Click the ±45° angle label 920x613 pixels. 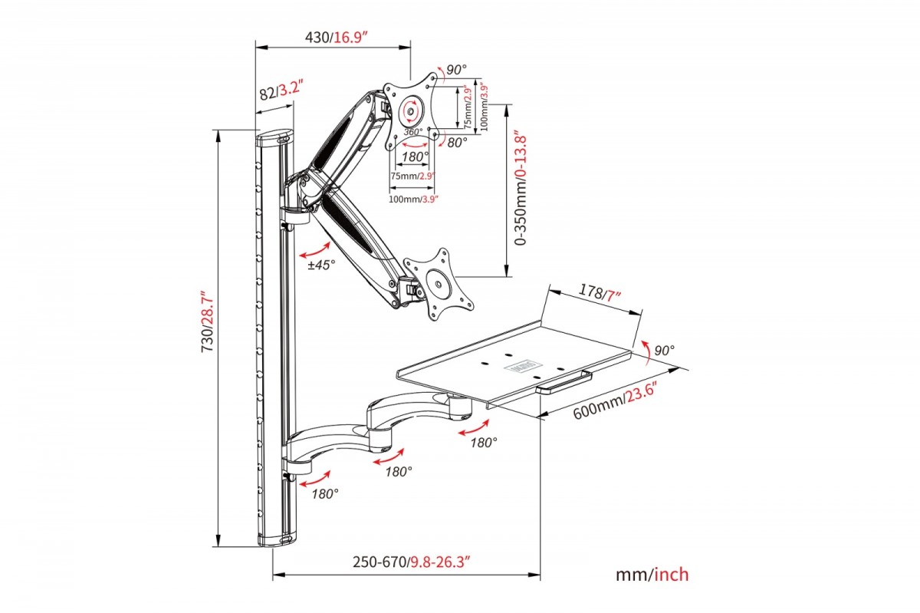(322, 265)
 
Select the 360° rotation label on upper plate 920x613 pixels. (414, 132)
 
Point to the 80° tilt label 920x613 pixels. (458, 142)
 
